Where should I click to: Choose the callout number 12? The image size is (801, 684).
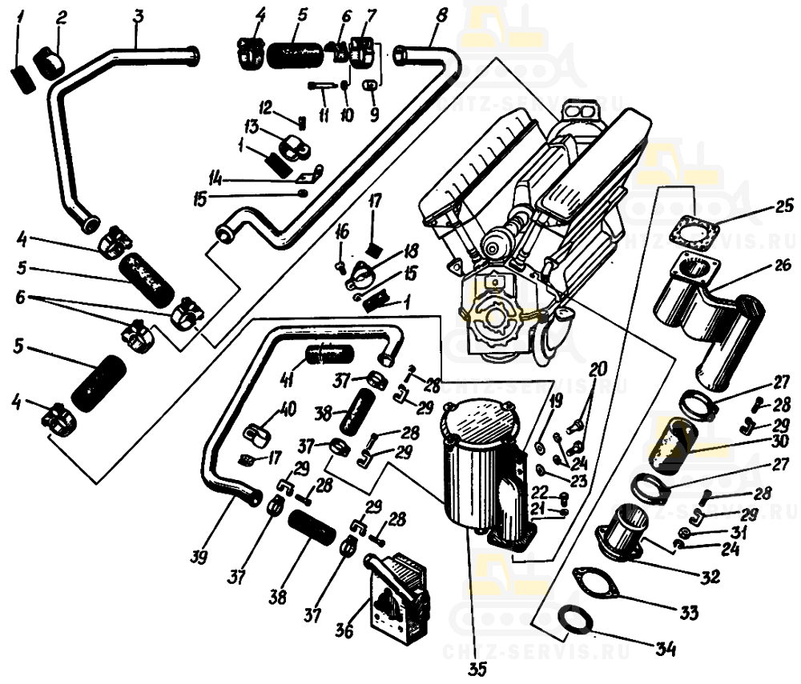(x=265, y=108)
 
